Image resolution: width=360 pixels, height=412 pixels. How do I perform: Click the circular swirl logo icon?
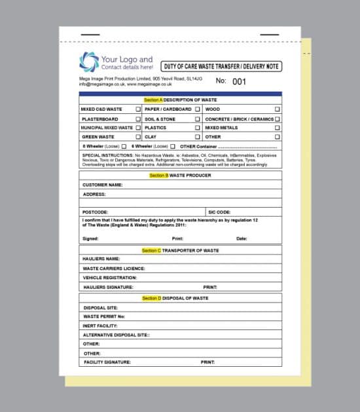89,62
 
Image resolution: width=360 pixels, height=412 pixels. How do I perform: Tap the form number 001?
239,81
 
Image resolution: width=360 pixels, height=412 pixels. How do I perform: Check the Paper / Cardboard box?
198,109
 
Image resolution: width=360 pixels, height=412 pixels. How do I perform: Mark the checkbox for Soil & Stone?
198,119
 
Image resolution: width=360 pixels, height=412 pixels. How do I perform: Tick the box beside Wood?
278,109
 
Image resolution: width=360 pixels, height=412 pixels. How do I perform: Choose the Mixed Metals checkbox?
278,128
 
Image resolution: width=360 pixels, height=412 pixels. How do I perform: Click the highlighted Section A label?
153,100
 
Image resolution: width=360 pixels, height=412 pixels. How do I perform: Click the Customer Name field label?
103,185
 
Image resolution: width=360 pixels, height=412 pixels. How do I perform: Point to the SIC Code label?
219,212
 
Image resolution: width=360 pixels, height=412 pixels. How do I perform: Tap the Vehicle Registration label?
110,278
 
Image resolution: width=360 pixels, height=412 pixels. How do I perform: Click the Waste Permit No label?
103,316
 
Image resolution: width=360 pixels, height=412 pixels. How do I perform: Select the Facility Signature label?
107,362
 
